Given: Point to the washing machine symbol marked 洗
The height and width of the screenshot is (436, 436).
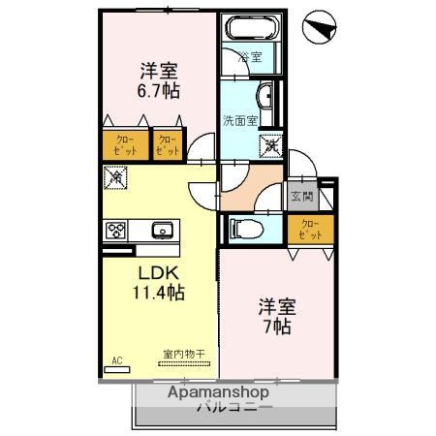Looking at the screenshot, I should (x=269, y=142).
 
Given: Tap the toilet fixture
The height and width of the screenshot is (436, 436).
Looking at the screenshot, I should (x=254, y=230).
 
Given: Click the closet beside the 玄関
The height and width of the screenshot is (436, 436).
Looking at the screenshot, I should (x=310, y=230).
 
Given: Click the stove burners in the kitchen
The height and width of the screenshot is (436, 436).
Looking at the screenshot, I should (x=117, y=231).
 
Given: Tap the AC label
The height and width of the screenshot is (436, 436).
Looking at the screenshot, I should (x=117, y=360).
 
